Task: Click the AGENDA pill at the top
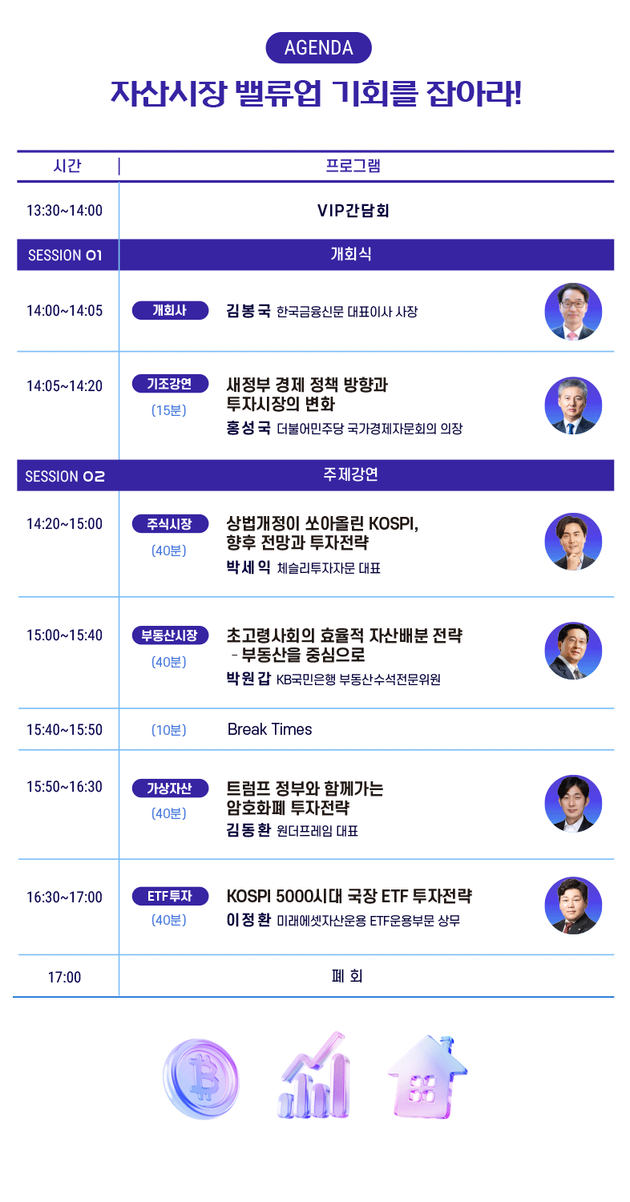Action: (319, 48)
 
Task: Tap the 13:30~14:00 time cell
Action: (64, 210)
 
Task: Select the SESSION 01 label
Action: (65, 255)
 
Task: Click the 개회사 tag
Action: (170, 310)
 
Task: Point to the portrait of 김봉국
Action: (573, 311)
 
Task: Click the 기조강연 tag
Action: (170, 384)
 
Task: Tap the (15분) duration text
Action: (169, 410)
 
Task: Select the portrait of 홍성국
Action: (573, 405)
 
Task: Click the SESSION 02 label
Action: (65, 476)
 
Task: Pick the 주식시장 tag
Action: (170, 524)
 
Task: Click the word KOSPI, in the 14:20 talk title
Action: (394, 523)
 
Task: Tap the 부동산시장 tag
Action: (170, 635)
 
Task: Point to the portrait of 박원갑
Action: (573, 651)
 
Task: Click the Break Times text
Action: (269, 729)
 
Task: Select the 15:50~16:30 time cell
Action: (64, 787)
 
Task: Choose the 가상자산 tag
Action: (170, 789)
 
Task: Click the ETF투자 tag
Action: (170, 896)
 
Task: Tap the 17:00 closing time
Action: (64, 977)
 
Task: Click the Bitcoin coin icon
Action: (201, 1079)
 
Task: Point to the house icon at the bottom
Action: (428, 1077)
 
